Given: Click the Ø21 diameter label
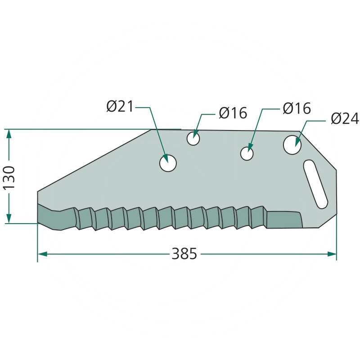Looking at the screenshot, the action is point(120,107).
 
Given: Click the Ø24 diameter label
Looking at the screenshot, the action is point(345,119).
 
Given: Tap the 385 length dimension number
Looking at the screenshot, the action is point(184,254).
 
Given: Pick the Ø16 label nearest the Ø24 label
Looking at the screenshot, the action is point(297,108).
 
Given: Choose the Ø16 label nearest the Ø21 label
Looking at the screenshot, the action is point(233,113).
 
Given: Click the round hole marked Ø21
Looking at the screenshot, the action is point(168,163).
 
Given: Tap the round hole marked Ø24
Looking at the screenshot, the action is point(292,145).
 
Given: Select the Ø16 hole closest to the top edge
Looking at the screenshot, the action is point(193,139).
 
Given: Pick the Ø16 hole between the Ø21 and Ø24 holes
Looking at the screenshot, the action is point(247,153).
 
